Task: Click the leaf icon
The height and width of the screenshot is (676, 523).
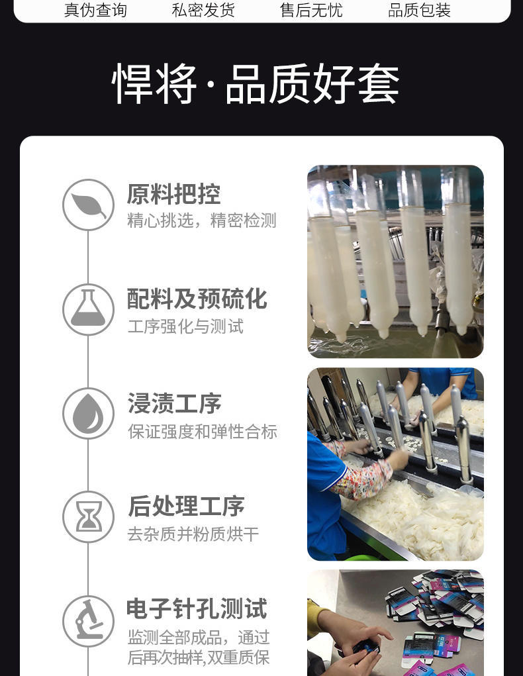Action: pos(89,205)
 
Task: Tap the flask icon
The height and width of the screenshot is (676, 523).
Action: pos(89,309)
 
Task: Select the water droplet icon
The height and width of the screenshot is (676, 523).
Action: pos(89,413)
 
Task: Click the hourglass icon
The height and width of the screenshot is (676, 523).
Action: pos(89,517)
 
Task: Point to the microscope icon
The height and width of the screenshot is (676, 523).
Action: pos(89,621)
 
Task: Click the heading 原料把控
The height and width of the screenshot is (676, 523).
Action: pos(173,194)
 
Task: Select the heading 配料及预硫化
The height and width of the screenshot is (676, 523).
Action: pos(197,299)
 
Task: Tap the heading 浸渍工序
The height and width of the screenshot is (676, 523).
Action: pos(174,403)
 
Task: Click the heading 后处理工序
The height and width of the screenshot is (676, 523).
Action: pos(186,506)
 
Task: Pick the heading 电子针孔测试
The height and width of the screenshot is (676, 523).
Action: pos(197,608)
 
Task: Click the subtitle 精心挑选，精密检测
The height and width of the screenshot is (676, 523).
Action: pos(202,220)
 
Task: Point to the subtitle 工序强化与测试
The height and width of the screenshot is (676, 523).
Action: pos(186,326)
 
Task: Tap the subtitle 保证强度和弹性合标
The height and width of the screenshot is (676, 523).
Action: pos(202,432)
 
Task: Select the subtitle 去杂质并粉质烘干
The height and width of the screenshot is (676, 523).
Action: pos(193,534)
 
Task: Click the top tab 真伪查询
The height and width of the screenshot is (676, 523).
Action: pos(95,10)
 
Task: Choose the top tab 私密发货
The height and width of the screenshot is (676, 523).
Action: pos(203,10)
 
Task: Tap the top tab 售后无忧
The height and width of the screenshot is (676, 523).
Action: pos(311,10)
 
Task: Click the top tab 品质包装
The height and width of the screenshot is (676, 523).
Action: pos(419,10)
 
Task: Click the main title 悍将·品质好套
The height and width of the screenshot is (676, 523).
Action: pos(256,83)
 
